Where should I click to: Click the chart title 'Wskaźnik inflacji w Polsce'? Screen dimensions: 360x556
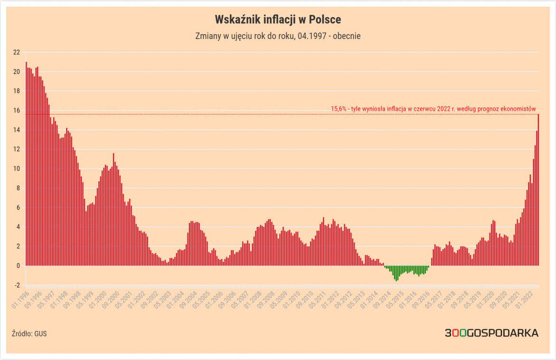(278, 19)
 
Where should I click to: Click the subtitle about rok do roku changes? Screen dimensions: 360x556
(278, 36)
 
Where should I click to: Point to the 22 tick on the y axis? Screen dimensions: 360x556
(16, 52)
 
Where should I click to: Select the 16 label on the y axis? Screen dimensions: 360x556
(16, 110)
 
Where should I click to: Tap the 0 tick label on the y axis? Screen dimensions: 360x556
(18, 266)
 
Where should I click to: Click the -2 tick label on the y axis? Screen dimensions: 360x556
(17, 285)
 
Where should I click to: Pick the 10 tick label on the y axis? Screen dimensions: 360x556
(16, 169)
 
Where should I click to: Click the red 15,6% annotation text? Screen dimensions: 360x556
(433, 109)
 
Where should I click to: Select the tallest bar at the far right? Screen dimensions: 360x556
(538, 190)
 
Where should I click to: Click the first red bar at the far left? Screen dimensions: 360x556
(26, 164)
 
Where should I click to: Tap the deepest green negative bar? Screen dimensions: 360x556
(397, 273)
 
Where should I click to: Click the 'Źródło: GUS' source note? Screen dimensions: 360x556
(29, 334)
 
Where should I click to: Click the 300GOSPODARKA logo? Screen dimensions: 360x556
(491, 333)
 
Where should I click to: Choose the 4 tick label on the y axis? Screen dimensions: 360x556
(18, 227)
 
